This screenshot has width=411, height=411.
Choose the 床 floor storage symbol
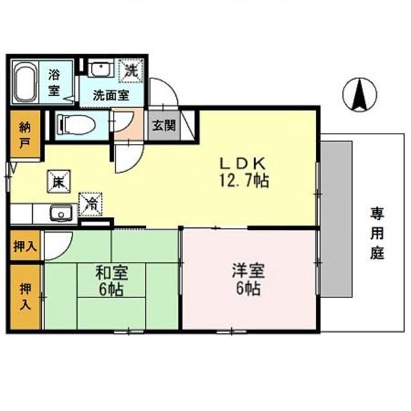[57, 182]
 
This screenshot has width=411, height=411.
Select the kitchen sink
[61, 212]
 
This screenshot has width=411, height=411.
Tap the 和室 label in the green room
[112, 272]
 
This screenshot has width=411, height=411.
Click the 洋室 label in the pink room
[246, 272]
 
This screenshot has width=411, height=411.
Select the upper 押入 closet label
[25, 247]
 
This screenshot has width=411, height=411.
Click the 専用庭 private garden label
[376, 232]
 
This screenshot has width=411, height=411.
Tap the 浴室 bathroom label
[55, 82]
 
